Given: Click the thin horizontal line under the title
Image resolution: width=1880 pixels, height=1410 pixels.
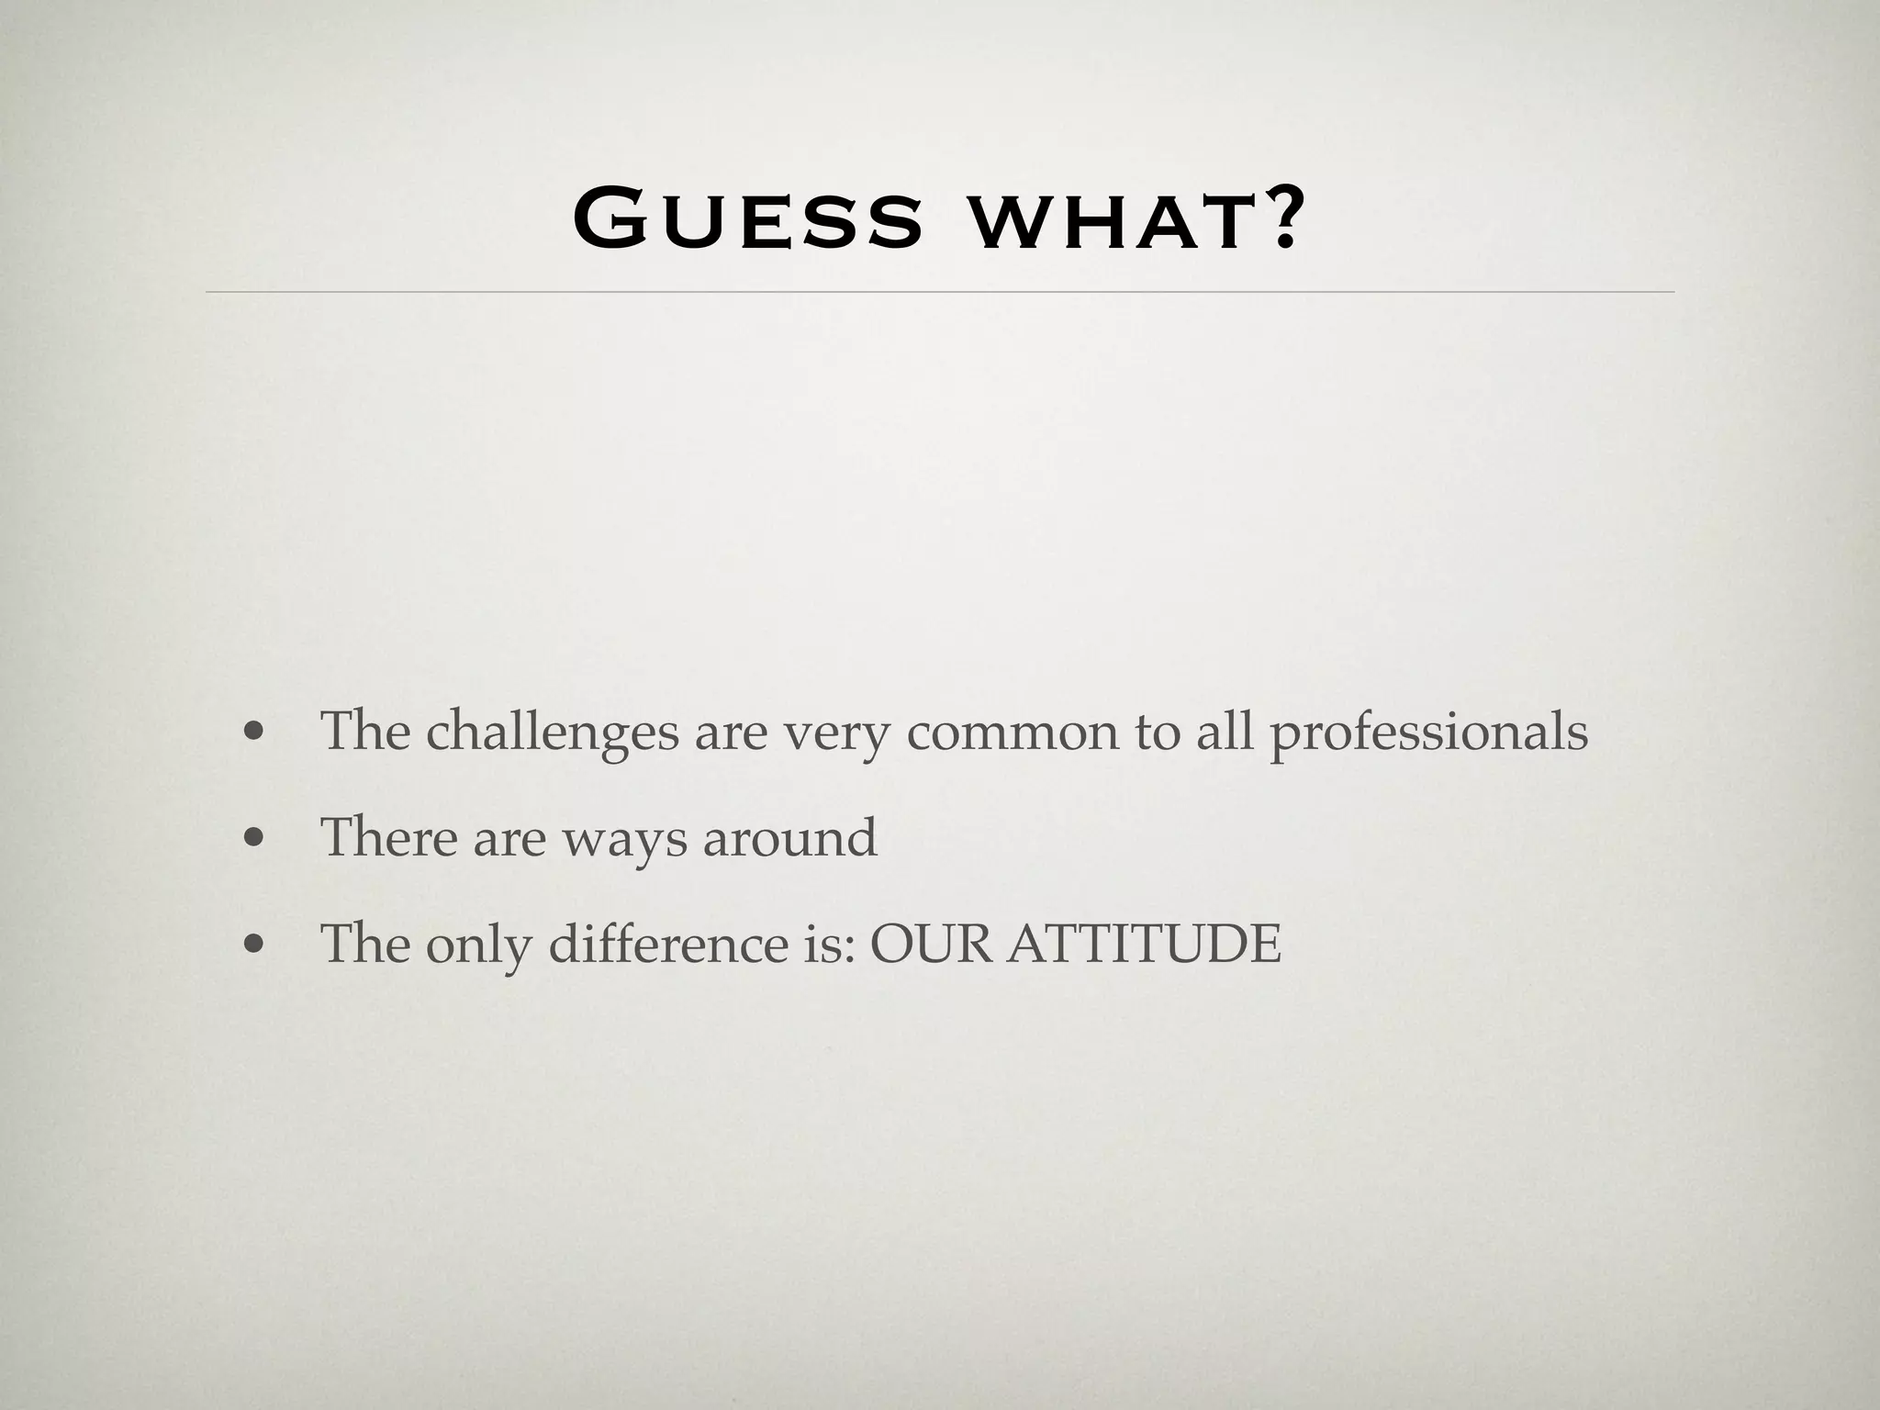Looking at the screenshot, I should pos(940,292).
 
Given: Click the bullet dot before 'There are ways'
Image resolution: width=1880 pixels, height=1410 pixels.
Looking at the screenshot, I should pos(254,839).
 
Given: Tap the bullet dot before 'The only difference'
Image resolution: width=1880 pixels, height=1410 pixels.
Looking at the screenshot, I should pos(254,945).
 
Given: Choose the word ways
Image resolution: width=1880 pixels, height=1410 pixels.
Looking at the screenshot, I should pos(624,841).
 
